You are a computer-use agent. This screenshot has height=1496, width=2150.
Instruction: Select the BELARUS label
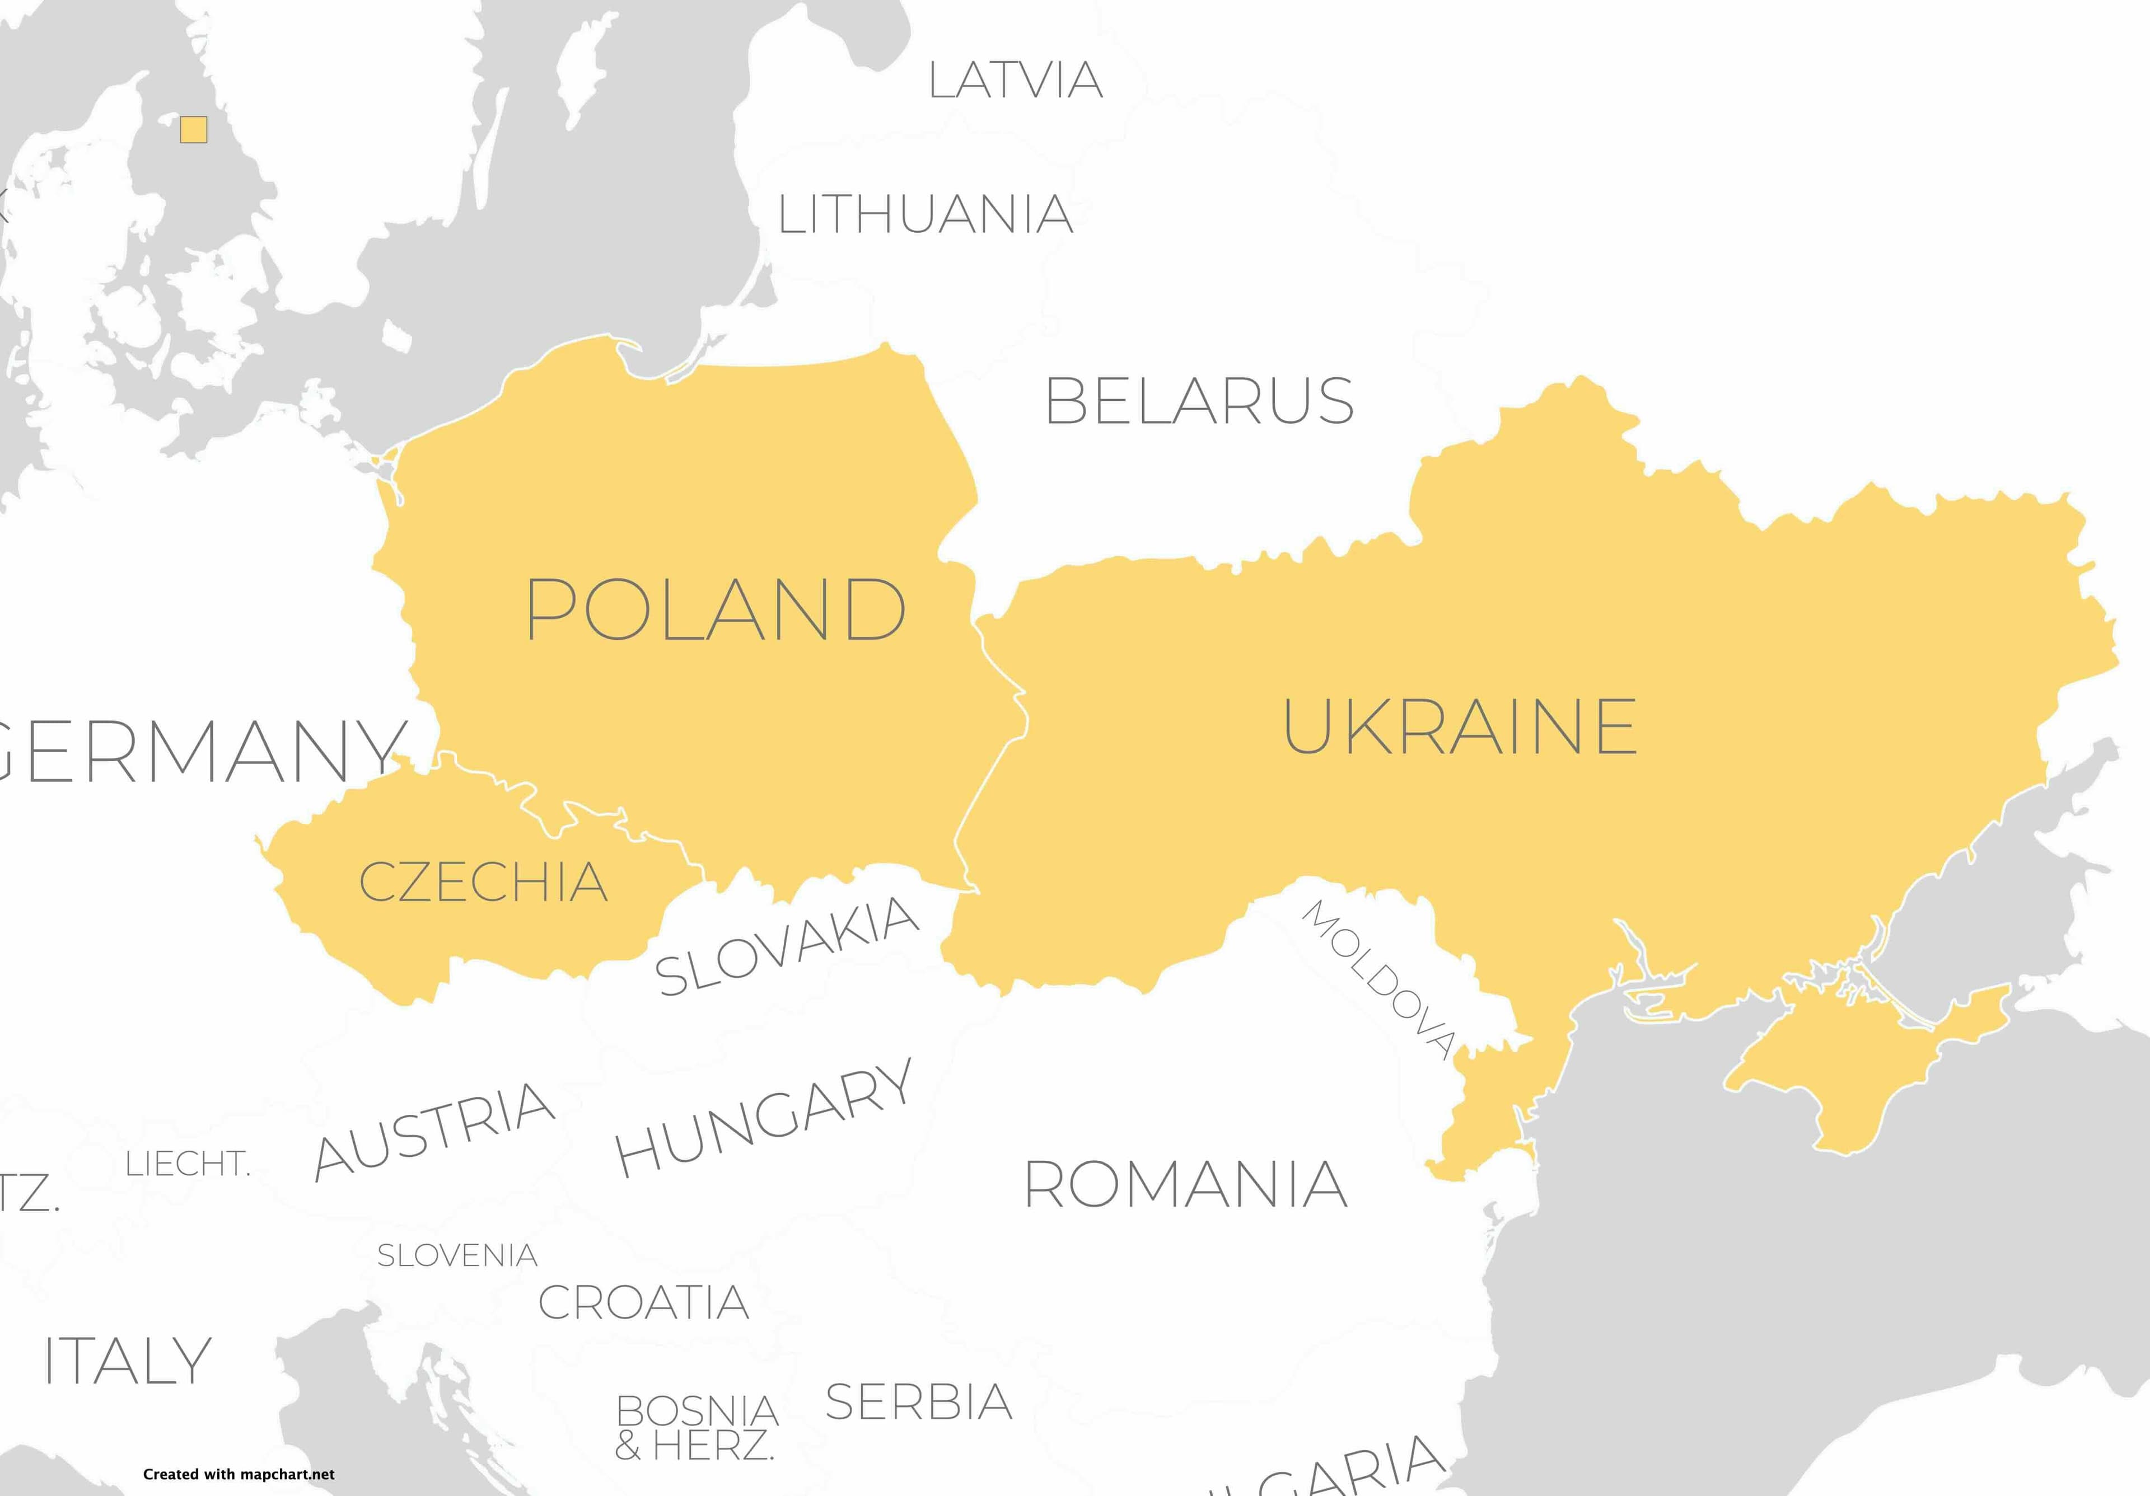(x=1199, y=401)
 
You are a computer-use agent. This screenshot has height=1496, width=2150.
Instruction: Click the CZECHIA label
(x=483, y=882)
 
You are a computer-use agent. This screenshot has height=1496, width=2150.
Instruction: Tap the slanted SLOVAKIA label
(x=787, y=945)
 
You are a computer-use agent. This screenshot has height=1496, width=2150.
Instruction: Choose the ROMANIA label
(x=1185, y=1184)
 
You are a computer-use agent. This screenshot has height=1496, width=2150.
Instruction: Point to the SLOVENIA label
(x=457, y=1255)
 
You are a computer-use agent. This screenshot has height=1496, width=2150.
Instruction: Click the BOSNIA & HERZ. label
(x=696, y=1428)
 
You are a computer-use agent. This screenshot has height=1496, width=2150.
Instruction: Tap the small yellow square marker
(x=194, y=130)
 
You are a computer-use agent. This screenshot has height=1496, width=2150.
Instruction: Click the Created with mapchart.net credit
(x=239, y=1474)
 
